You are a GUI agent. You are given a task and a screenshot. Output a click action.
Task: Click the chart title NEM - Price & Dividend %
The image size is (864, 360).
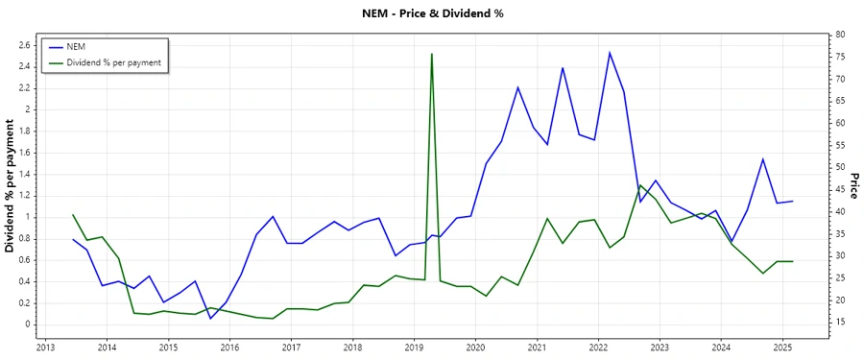click(x=431, y=13)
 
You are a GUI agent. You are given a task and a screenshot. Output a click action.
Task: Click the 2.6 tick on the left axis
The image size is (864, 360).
click(x=25, y=45)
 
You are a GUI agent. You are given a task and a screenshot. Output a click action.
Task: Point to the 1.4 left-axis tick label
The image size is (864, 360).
click(x=25, y=174)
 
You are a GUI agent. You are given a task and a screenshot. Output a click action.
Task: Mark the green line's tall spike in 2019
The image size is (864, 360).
click(x=432, y=54)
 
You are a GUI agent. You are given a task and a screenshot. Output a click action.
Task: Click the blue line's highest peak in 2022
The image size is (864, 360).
click(x=610, y=53)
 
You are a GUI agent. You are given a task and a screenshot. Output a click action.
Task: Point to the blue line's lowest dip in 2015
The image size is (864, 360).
click(x=210, y=318)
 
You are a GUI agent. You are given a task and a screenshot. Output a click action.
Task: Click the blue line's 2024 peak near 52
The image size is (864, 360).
click(x=762, y=159)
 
